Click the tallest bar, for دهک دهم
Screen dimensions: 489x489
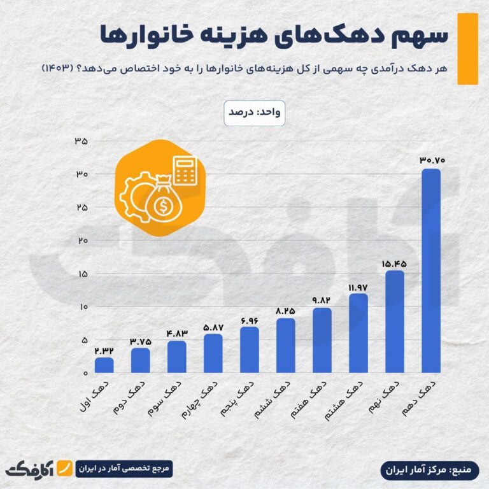pos(431,271)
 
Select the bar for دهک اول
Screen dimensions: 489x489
pos(104,365)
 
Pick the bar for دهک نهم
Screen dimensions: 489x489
pos(395,322)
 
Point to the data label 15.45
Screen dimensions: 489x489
pos(395,262)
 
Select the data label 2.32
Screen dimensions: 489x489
pos(104,350)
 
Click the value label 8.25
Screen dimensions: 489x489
pos(286,311)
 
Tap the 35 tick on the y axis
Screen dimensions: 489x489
pos(81,141)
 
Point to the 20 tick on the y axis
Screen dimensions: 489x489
pos(81,241)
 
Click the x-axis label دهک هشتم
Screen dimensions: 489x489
pos(351,397)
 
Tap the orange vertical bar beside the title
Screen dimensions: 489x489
pos(468,48)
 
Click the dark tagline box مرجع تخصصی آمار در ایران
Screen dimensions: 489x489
pos(124,469)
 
